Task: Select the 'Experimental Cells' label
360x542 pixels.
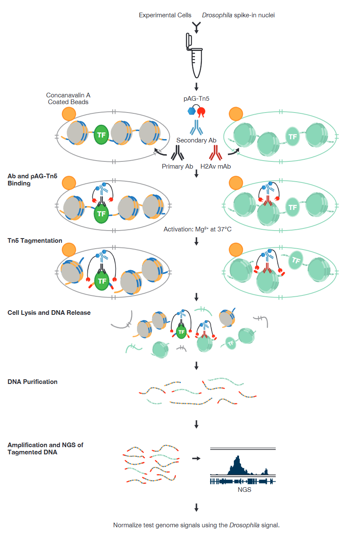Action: click(165, 15)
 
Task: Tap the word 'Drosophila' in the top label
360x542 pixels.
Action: click(217, 15)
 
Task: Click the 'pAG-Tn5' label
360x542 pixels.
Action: click(196, 99)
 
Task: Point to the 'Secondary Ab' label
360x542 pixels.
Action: click(196, 140)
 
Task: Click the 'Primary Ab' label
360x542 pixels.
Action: click(177, 166)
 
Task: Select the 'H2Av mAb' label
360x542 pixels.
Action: click(215, 166)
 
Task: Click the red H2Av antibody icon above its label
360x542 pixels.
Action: click(215, 153)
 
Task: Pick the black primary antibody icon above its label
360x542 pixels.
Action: click(177, 153)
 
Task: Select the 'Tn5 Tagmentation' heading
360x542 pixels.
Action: click(35, 241)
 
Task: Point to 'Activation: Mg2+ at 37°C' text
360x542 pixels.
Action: click(196, 230)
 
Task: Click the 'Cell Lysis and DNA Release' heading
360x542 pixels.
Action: click(49, 313)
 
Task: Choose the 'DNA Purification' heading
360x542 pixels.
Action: click(32, 382)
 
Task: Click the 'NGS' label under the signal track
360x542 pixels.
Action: click(244, 490)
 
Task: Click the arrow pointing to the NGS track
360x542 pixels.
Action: click(196, 458)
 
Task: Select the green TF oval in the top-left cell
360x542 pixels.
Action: click(101, 135)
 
